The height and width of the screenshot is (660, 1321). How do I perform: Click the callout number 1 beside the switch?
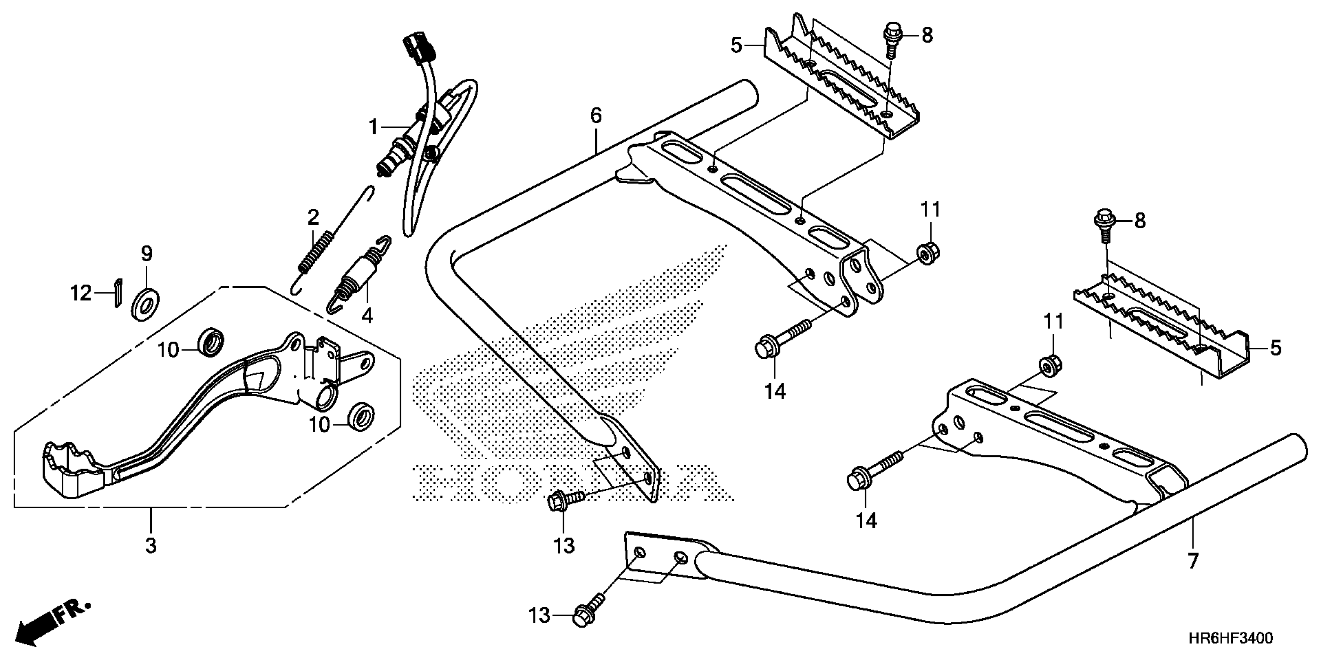(x=374, y=127)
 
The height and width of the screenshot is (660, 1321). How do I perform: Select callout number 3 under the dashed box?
(x=151, y=546)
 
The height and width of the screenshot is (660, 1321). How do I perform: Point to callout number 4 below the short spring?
(x=367, y=316)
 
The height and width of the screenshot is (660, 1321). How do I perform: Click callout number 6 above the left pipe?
(x=595, y=115)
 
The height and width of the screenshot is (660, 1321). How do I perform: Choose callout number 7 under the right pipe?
(x=1193, y=561)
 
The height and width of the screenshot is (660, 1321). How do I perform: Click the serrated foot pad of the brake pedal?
(x=72, y=469)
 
